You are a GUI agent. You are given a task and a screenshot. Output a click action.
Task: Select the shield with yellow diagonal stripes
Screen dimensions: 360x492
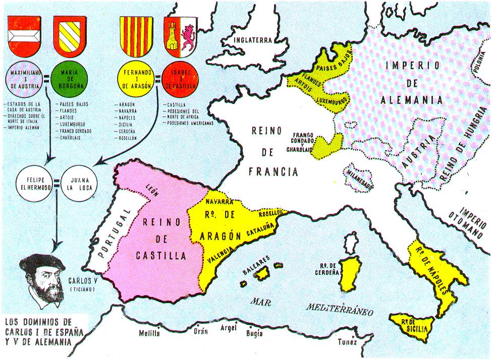(x=70, y=35)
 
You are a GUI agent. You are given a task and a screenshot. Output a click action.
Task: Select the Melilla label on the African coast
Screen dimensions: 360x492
(x=150, y=334)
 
